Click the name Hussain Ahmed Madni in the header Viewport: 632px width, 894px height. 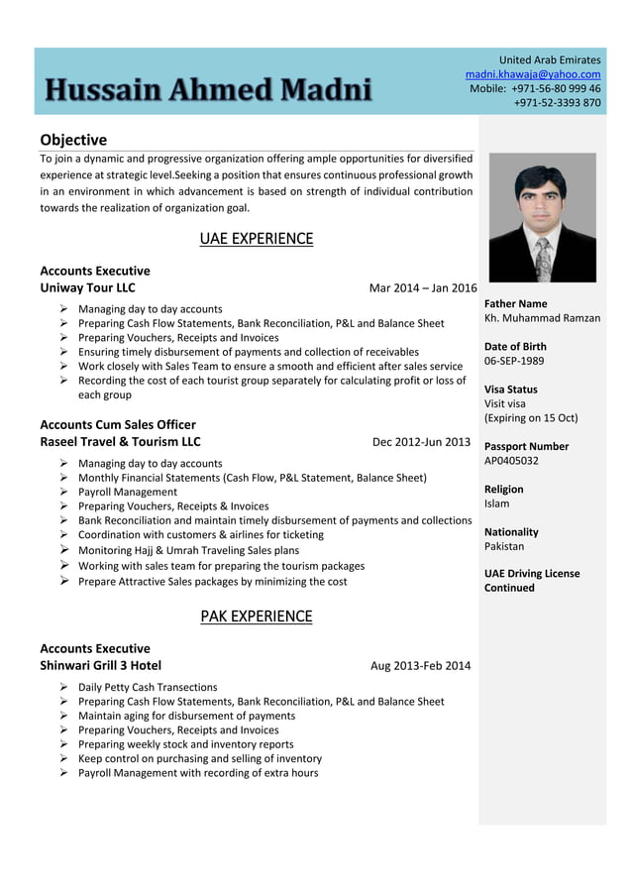tap(209, 90)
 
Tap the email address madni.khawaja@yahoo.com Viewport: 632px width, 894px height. tap(533, 74)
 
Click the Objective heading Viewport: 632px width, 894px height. tap(73, 140)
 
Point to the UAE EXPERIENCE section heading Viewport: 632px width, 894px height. tap(256, 238)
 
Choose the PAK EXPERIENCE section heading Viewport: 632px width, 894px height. tap(256, 616)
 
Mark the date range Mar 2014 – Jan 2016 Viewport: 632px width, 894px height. tap(422, 288)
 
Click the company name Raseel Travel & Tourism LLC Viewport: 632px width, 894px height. tap(120, 441)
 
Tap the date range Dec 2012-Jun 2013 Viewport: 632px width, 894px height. tap(421, 442)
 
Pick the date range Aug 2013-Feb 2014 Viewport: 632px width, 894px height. tap(420, 666)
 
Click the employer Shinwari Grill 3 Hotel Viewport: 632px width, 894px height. tap(100, 665)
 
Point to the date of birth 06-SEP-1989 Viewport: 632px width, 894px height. tap(514, 361)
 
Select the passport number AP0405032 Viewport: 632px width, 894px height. tap(511, 461)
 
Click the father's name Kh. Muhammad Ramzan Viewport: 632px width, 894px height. tap(542, 318)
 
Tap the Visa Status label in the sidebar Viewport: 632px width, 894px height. tap(511, 390)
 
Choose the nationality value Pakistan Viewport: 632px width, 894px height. tap(504, 546)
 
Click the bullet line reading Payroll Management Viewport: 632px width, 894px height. tap(128, 492)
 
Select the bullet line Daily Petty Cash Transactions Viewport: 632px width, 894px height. tap(148, 687)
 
